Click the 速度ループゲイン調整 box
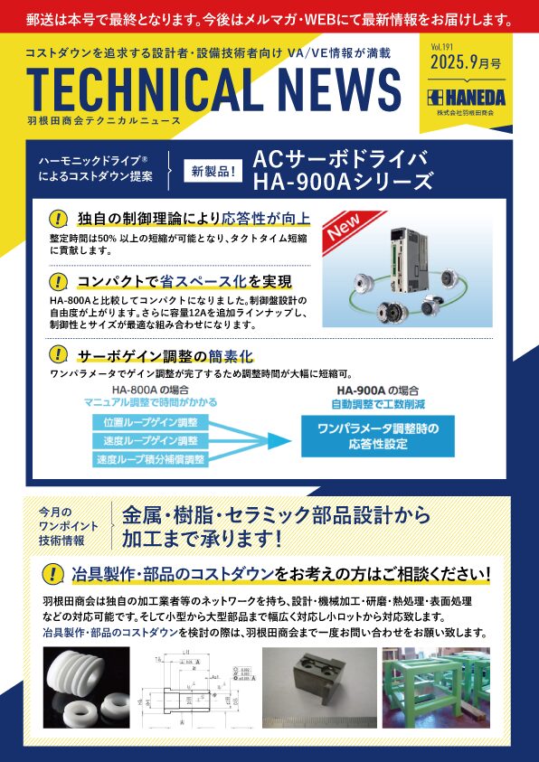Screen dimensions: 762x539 click(x=150, y=440)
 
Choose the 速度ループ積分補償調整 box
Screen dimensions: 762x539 click(x=150, y=458)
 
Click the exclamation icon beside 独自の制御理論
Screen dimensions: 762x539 click(x=60, y=219)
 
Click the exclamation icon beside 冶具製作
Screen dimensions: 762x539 click(x=52, y=573)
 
